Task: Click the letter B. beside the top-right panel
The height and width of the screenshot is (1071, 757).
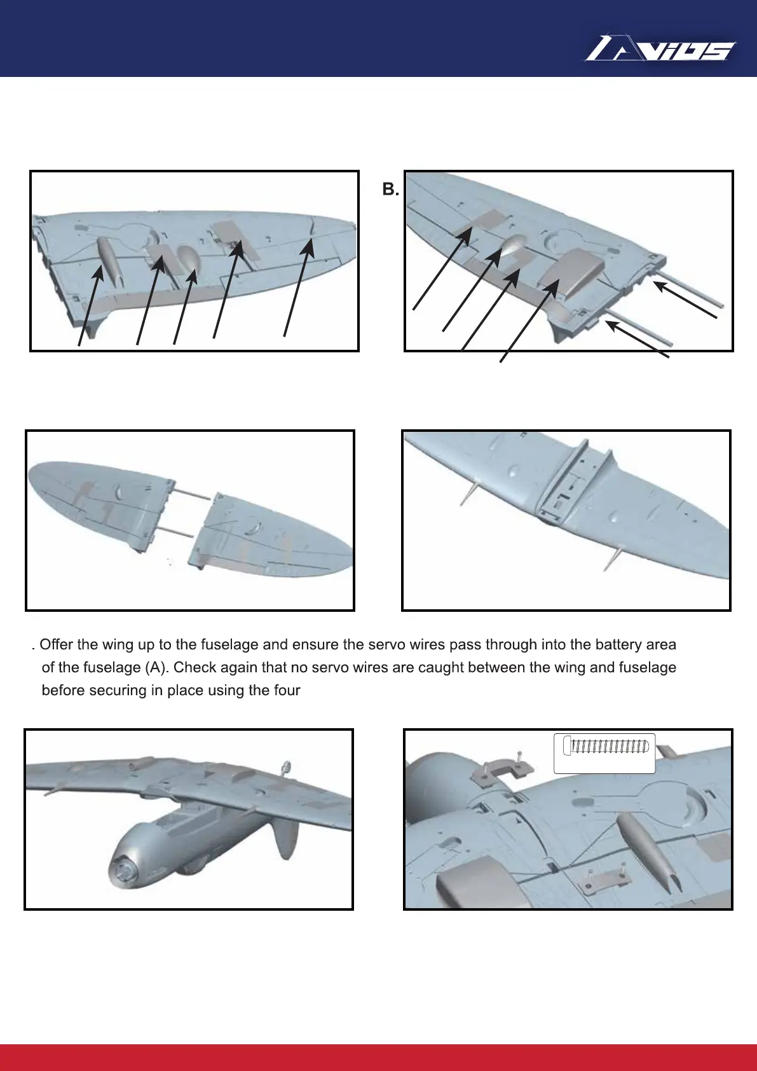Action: [390, 189]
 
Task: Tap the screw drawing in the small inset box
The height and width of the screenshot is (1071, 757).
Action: [608, 745]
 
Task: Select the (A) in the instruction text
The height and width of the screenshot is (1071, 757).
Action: [151, 667]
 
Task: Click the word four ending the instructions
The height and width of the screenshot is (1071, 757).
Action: [285, 690]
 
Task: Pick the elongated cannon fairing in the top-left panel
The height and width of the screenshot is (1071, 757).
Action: [109, 260]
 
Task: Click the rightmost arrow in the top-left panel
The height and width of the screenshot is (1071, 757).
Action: [296, 286]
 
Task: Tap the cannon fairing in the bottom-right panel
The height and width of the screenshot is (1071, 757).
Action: [642, 840]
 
